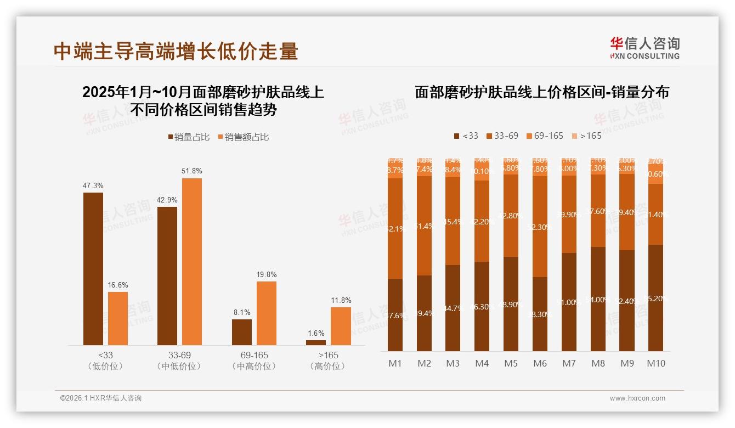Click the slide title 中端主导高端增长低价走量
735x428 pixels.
point(176,51)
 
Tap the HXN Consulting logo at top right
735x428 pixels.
point(644,48)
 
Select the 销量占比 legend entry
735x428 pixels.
point(189,137)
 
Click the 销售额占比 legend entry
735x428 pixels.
point(244,137)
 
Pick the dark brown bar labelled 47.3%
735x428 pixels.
point(93,269)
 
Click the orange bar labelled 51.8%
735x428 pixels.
point(192,262)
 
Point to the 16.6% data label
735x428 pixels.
point(118,285)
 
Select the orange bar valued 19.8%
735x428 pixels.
point(267,313)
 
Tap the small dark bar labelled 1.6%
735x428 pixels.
point(316,342)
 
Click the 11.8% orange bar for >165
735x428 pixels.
point(341,326)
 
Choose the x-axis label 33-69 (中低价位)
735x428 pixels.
point(179,361)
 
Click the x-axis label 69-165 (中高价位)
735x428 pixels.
point(254,361)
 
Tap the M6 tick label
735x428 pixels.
point(540,363)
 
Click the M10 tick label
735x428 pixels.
point(655,363)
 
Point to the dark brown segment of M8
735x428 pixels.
point(598,299)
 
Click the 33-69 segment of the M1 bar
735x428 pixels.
point(395,228)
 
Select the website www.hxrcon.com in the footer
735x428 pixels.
point(637,398)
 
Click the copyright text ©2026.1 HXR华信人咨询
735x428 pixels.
point(101,398)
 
